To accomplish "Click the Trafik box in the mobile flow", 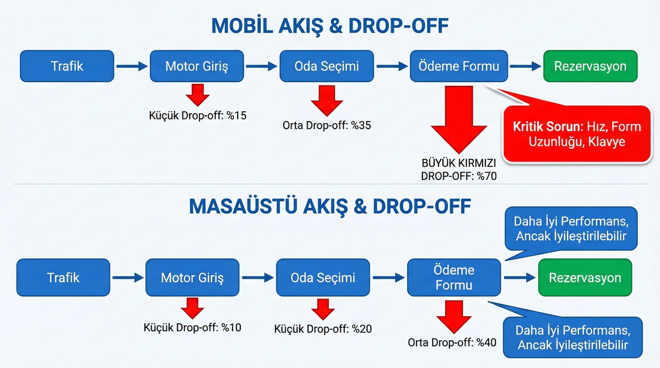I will (x=67, y=66).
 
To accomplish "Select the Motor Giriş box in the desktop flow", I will (x=192, y=277).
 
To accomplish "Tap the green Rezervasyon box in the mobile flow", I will (x=590, y=66).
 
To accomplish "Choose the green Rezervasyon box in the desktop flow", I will (x=585, y=277).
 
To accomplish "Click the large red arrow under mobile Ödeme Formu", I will (x=459, y=118).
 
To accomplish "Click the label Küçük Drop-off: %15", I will (x=198, y=115).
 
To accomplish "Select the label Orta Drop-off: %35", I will (x=327, y=125).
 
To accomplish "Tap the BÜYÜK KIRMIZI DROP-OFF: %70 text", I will (x=459, y=169).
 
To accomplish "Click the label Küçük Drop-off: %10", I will (x=192, y=328).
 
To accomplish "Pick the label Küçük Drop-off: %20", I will (x=323, y=329).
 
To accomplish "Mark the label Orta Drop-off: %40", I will (x=452, y=342).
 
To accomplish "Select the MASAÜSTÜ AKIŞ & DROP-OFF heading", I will (x=330, y=206).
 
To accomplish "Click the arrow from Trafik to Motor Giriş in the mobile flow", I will (x=132, y=66).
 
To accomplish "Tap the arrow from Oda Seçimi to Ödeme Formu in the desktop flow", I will (x=388, y=277).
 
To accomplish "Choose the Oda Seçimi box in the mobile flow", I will (x=326, y=66).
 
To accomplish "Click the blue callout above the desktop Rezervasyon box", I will (x=571, y=228).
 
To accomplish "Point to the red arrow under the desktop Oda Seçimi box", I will (x=323, y=309).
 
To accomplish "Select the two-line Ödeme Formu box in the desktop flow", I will (x=454, y=277).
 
